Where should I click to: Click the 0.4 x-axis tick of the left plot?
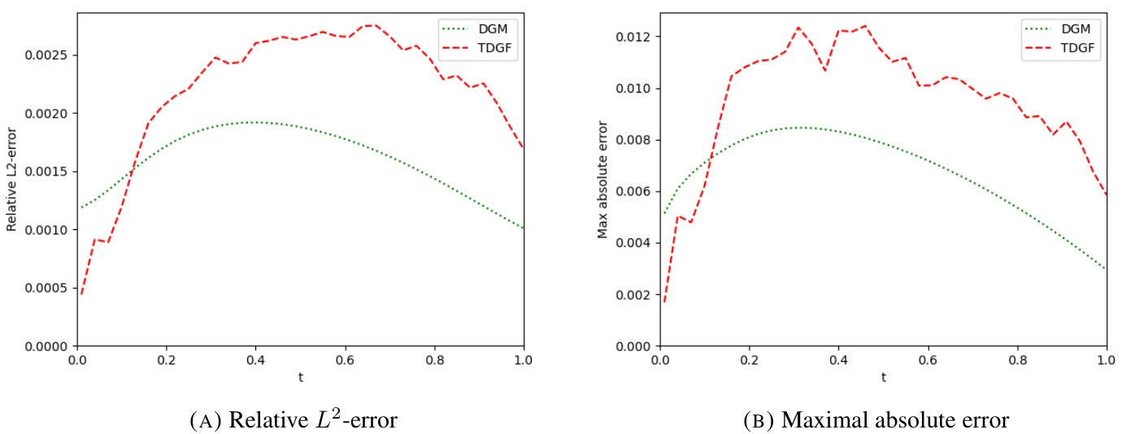click(255, 359)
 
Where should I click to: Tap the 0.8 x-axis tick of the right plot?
click(1017, 359)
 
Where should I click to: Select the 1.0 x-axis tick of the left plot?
click(524, 359)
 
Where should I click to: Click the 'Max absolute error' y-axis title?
click(602, 180)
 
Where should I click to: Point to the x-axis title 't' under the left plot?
click(300, 377)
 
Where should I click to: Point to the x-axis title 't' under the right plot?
click(883, 377)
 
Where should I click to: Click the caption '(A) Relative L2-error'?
click(294, 419)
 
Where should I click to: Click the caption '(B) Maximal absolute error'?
click(876, 420)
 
